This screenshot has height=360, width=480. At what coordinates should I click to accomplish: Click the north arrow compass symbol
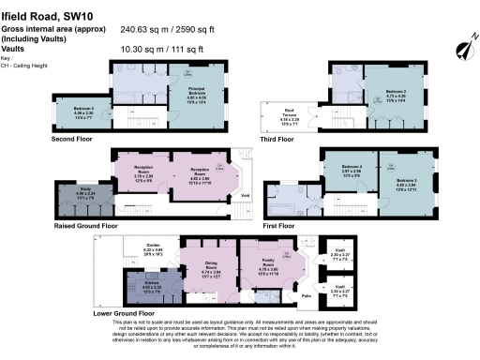pyautogui.click(x=460, y=46)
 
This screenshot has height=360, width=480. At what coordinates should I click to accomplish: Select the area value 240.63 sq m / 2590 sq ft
pyautogui.click(x=194, y=28)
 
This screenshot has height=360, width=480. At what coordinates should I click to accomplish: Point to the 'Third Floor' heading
pyautogui.click(x=277, y=139)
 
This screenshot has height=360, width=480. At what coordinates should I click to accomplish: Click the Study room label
pyautogui.click(x=72, y=195)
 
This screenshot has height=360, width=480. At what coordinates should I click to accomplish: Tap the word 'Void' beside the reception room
pyautogui.click(x=245, y=195)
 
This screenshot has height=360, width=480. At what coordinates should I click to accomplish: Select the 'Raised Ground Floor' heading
pyautogui.click(x=85, y=225)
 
